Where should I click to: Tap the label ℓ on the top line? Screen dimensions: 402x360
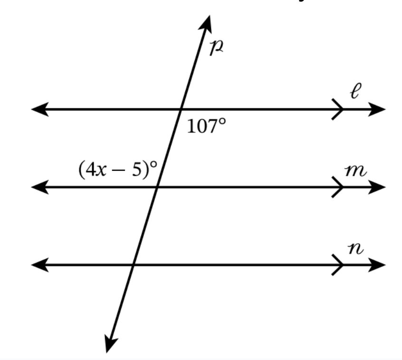click(355, 91)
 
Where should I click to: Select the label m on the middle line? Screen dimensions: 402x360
click(355, 171)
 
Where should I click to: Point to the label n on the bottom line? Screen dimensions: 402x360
click(356, 248)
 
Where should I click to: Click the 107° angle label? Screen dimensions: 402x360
click(207, 126)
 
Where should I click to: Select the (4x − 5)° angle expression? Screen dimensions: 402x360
click(118, 170)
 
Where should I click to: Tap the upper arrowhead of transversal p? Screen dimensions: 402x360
click(206, 24)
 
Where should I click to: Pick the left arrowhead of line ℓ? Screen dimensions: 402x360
click(40, 109)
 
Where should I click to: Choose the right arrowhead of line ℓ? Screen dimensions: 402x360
click(377, 109)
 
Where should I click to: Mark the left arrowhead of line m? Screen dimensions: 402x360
click(40, 187)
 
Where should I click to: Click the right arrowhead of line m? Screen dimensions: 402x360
click(377, 187)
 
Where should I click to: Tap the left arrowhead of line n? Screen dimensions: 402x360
click(40, 265)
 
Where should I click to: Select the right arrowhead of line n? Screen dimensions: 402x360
click(377, 265)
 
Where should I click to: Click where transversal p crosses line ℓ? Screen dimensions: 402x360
click(181, 109)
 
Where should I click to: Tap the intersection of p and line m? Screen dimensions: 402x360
click(157, 187)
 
